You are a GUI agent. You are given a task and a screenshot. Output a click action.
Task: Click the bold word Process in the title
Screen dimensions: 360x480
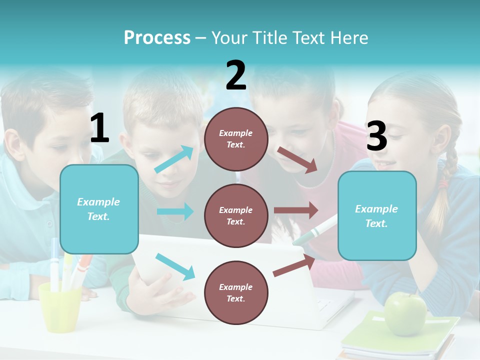coord(157,38)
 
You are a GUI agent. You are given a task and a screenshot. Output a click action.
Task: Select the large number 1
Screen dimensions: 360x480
coord(99,128)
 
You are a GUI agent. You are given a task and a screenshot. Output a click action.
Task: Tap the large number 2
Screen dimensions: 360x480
coord(236,75)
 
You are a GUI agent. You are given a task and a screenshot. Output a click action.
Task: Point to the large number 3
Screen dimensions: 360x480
coord(376,136)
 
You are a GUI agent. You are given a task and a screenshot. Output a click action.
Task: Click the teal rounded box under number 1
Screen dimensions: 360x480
coord(99,209)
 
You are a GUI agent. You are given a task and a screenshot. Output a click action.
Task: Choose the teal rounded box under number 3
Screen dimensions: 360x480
coord(377,215)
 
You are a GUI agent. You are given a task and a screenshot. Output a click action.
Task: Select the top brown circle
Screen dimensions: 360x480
coord(236,139)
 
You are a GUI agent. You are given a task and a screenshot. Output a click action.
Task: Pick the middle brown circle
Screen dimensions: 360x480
coord(236,215)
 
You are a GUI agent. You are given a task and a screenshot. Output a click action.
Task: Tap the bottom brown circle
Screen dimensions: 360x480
coord(236,292)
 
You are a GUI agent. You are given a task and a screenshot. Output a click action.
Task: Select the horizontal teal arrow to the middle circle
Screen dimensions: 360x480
coord(175,211)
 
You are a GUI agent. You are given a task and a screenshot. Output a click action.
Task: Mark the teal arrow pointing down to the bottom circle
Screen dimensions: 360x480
coord(175,266)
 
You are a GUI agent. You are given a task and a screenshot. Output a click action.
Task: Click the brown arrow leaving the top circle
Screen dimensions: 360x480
coord(297,160)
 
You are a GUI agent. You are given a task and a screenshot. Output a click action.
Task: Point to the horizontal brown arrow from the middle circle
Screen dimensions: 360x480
coord(296,210)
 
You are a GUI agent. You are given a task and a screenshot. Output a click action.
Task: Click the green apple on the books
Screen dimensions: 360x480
coord(405,313)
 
